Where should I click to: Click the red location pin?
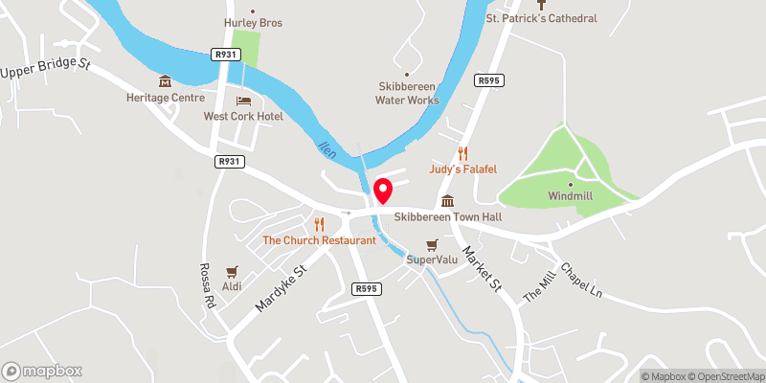382,191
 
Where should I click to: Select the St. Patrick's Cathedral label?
542,18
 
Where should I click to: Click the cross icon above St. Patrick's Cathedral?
542,4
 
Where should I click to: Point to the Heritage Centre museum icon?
166,81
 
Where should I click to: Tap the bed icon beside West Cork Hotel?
243,101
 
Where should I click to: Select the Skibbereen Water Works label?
408,93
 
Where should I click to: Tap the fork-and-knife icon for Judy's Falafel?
463,153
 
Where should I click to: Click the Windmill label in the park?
570,196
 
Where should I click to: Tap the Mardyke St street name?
279,289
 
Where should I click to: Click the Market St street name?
482,268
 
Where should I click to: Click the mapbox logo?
42,371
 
